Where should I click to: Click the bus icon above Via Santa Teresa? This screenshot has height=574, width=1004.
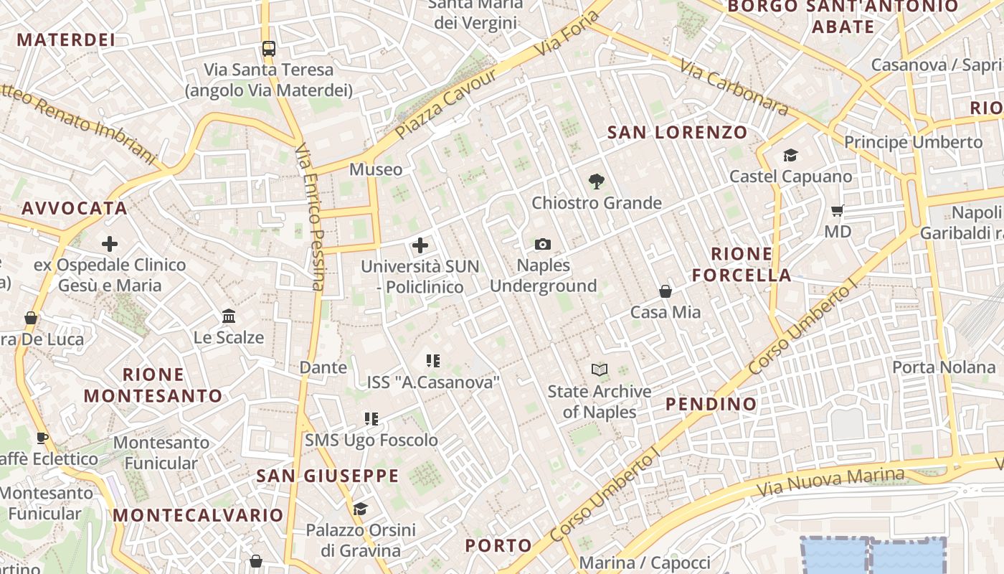click(x=268, y=49)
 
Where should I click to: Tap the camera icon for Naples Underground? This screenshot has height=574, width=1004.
click(x=543, y=245)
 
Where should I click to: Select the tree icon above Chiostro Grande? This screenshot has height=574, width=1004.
click(x=595, y=182)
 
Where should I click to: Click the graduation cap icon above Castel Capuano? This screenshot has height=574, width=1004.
click(x=790, y=155)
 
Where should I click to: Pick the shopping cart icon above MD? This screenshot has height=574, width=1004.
click(x=837, y=210)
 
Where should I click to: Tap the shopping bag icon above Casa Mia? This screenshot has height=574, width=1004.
click(x=666, y=291)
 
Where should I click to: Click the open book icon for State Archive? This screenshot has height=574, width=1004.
click(x=600, y=370)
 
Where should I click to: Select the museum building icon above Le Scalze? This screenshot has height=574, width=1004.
click(x=229, y=316)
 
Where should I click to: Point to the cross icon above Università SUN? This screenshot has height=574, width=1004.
click(x=420, y=246)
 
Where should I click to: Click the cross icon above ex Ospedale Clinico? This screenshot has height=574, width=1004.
click(x=110, y=244)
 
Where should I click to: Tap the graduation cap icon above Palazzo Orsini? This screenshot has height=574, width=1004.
click(x=360, y=509)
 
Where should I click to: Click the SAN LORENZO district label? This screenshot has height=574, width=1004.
click(x=677, y=132)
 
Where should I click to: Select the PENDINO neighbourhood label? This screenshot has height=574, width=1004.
click(x=711, y=404)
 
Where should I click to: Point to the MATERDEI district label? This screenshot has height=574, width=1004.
click(x=66, y=39)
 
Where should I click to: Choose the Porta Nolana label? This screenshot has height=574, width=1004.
click(x=943, y=367)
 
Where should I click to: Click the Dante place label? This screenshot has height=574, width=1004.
click(x=323, y=367)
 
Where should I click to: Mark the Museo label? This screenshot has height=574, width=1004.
click(x=376, y=169)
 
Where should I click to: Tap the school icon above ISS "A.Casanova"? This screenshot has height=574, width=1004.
click(x=432, y=360)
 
